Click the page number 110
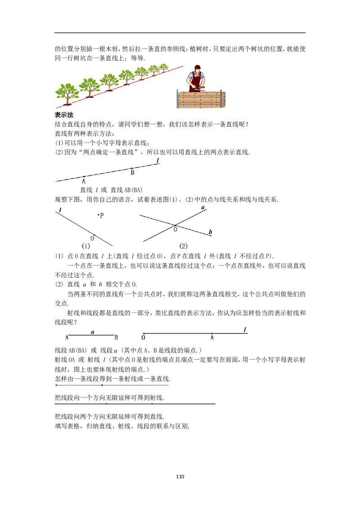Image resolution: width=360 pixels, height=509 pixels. [180, 477]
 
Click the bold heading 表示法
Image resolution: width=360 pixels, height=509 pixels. [64, 115]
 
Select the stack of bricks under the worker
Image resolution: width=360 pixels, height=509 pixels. [201, 99]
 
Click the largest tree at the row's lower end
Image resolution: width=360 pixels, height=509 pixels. [67, 94]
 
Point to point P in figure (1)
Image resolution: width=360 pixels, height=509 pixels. [98, 214]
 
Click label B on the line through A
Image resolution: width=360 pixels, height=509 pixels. [132, 173]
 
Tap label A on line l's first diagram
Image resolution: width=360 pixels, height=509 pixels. [84, 182]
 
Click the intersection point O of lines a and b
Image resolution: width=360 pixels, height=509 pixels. [175, 225]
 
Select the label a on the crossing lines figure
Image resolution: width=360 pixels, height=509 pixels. [203, 207]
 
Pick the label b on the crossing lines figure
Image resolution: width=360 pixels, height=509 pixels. [210, 232]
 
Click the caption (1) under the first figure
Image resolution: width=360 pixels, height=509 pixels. [86, 246]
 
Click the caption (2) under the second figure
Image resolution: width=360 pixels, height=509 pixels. [183, 246]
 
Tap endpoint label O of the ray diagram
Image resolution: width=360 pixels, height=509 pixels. [143, 338]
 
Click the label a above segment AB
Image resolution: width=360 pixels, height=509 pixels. [93, 332]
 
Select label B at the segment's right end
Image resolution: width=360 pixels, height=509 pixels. [116, 338]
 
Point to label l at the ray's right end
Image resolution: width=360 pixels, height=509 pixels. [245, 330]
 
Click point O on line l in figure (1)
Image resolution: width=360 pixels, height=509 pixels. [94, 235]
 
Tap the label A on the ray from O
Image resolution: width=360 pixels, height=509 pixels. [212, 338]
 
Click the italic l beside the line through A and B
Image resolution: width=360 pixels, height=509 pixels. [158, 161]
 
